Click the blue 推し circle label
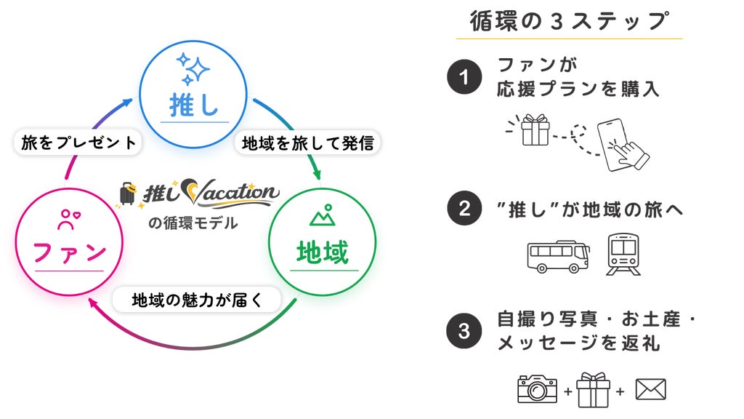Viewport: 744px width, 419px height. click(193, 105)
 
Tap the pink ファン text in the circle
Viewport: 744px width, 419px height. click(69, 252)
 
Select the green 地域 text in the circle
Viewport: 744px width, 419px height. click(323, 252)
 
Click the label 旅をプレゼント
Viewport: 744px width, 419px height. click(78, 142)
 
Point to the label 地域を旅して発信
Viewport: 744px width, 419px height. click(308, 143)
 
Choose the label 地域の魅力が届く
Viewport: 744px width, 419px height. click(196, 300)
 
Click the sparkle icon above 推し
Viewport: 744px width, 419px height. click(193, 69)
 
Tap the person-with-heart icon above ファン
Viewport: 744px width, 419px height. click(69, 220)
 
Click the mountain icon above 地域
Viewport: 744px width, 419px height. click(323, 215)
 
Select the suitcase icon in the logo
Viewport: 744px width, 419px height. click(127, 193)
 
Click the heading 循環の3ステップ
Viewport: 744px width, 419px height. click(569, 21)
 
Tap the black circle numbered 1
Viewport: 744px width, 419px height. click(464, 76)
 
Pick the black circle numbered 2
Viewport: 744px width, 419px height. click(464, 208)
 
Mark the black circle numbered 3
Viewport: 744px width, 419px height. click(464, 331)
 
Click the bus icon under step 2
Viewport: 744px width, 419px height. click(559, 257)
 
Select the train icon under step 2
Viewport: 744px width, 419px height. click(623, 254)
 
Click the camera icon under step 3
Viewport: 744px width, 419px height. click(537, 389)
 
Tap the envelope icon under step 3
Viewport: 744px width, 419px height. click(650, 389)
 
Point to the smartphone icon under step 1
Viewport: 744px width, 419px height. click(617, 145)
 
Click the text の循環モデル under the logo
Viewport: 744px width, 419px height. click(193, 223)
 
